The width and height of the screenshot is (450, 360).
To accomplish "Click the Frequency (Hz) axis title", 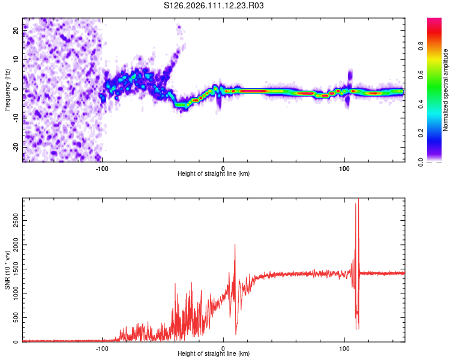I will [7, 90].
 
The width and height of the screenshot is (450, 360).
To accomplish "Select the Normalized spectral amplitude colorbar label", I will [446, 90].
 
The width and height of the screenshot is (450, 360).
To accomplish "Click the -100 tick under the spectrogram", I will [102, 167].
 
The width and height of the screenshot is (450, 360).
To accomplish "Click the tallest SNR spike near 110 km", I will [358, 200].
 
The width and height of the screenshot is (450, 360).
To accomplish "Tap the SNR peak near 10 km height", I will [235, 245].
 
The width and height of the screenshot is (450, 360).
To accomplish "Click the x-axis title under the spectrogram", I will [214, 173].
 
